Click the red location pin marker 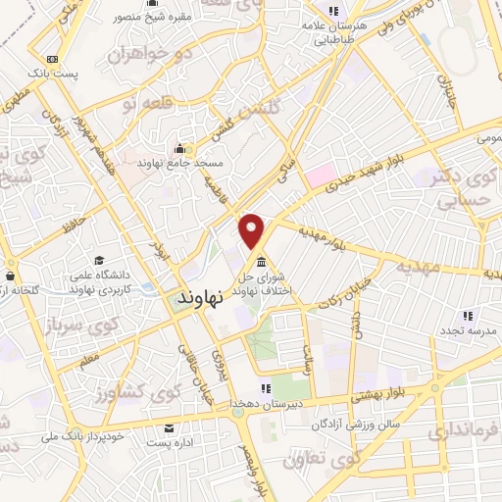click(253, 230)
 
